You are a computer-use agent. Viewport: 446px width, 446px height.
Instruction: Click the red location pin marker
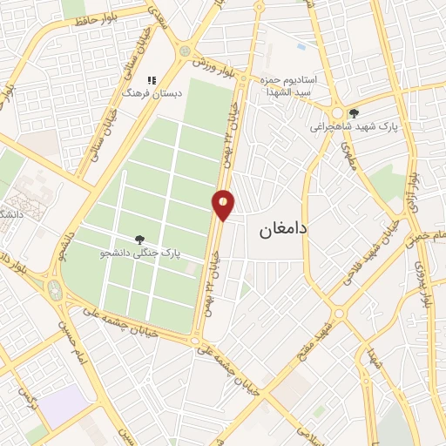pos(224,204)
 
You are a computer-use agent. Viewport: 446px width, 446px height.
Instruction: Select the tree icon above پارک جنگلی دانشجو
pos(139,239)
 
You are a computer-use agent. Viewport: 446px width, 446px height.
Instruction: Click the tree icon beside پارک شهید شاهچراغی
pos(353,112)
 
